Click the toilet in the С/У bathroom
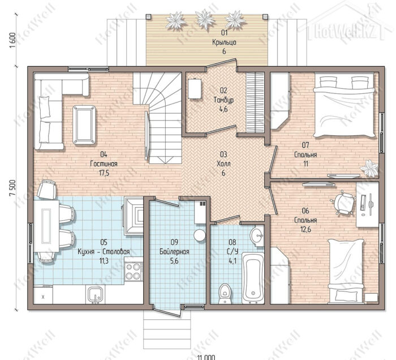click(225, 294)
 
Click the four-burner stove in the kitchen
click(133, 271)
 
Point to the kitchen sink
click(96, 294)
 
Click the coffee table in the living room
click(84, 125)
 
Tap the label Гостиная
click(104, 164)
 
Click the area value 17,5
click(104, 173)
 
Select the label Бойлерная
click(174, 252)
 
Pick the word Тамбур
click(223, 100)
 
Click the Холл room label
click(223, 164)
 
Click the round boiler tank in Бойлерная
click(200, 235)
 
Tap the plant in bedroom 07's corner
click(369, 168)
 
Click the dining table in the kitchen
click(46, 225)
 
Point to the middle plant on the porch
click(205, 19)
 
